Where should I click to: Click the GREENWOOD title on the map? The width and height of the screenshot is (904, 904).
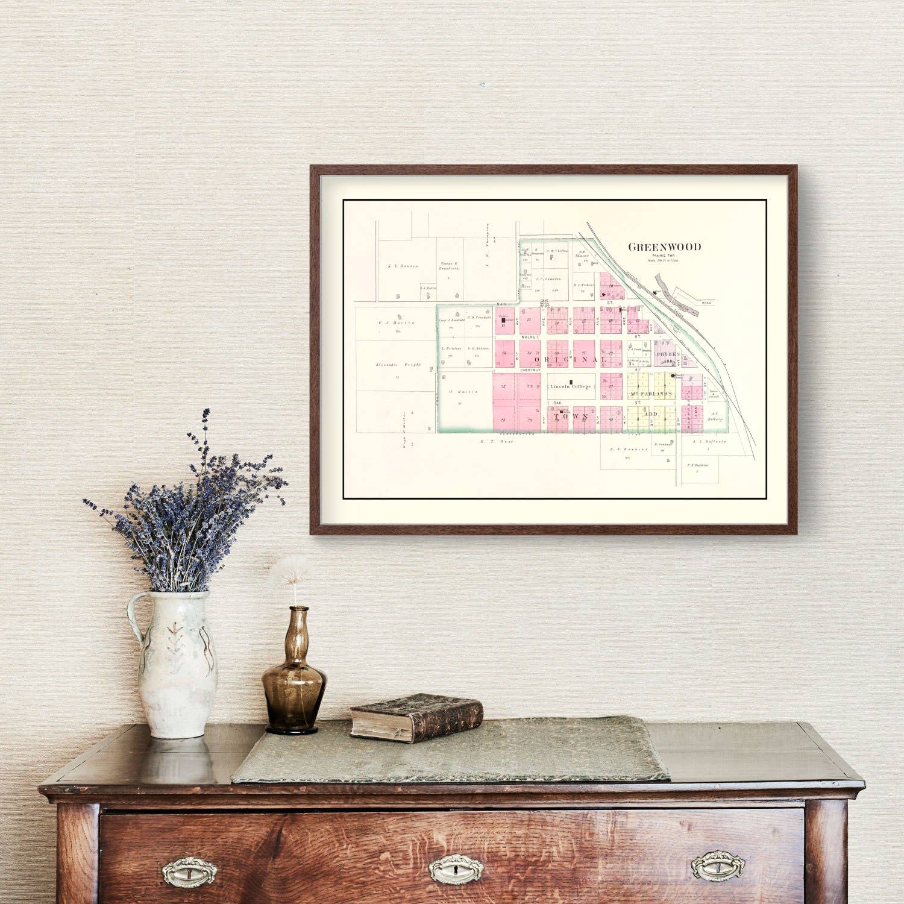tap(665, 247)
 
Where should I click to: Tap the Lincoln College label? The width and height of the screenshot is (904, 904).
tap(570, 386)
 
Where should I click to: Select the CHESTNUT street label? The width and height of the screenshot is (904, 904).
tap(532, 369)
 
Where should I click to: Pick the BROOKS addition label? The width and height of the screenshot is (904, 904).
tap(668, 355)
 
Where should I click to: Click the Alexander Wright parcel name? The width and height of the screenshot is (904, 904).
tap(397, 365)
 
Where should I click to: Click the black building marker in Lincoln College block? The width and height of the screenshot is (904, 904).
tap(571, 381)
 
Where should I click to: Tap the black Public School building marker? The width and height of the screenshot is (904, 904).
tap(503, 321)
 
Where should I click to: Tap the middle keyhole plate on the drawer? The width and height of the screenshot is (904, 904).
tap(452, 868)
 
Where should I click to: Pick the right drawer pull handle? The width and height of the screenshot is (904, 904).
tap(718, 865)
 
